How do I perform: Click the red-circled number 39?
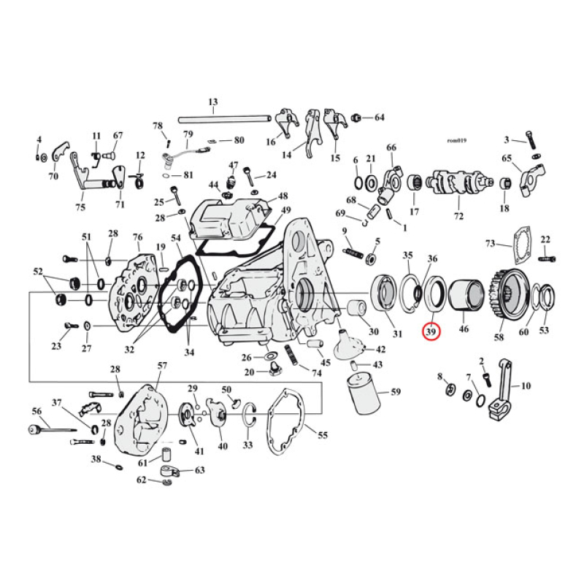(431, 331)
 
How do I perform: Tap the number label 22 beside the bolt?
(545, 241)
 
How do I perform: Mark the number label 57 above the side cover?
(162, 365)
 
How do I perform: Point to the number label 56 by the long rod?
(36, 412)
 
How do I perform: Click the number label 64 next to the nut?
(379, 118)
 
